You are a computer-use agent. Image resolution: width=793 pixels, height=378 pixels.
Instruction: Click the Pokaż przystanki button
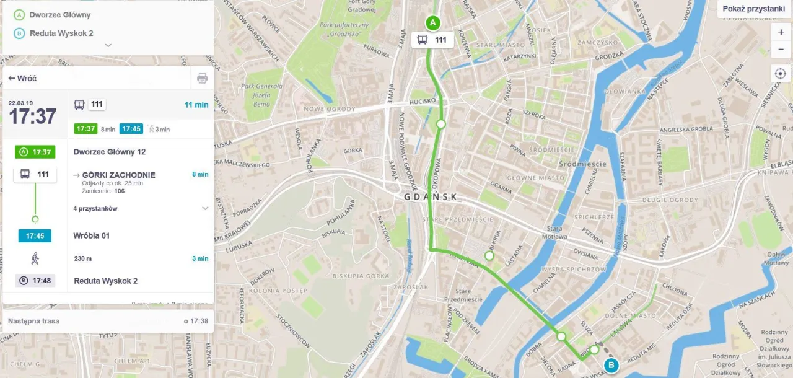[753, 9]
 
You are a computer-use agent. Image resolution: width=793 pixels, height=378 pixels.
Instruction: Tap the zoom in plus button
[781, 32]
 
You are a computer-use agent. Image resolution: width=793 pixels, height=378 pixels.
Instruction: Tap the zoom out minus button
[781, 50]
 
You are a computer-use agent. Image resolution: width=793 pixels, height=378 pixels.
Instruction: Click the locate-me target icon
[781, 74]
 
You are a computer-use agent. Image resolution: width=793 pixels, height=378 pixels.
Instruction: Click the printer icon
[202, 78]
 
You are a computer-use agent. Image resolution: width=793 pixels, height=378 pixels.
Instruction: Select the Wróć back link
[23, 79]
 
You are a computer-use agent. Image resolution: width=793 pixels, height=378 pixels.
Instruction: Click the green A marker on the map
[432, 23]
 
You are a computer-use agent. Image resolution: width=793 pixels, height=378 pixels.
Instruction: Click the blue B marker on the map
[611, 365]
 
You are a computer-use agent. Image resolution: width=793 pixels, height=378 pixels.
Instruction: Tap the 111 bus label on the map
[432, 40]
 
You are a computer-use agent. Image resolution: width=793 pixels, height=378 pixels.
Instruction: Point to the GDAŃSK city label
[430, 197]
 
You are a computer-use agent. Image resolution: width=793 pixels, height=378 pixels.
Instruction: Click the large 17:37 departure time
[32, 116]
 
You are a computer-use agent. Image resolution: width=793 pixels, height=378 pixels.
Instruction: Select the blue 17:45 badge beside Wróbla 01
[35, 236]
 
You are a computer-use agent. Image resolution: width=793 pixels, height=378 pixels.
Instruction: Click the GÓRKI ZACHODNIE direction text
[118, 175]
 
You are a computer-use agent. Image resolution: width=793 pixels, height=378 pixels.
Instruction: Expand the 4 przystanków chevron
[205, 209]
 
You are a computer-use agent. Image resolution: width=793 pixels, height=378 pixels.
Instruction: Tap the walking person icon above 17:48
[35, 258]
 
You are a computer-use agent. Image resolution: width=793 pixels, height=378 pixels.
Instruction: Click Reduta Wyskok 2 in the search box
[61, 33]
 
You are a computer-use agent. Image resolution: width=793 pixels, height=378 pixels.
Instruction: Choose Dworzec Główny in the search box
[59, 14]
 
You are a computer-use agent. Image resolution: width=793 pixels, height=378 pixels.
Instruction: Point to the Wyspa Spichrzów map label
[572, 270]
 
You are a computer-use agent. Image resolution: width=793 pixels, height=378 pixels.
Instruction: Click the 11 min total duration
[196, 105]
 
